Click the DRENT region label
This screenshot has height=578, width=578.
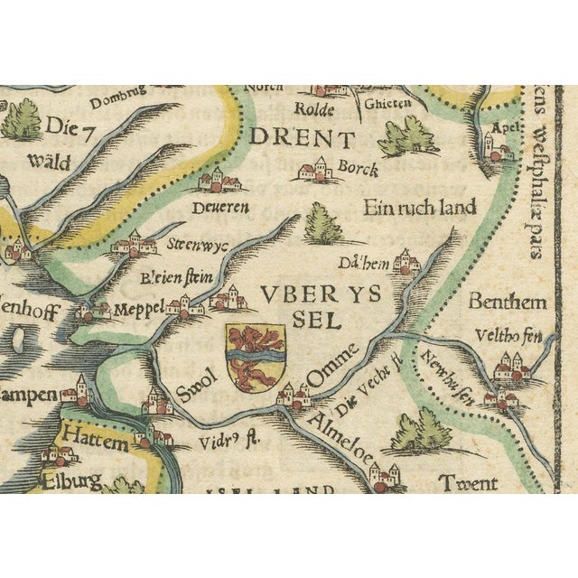point(302,138)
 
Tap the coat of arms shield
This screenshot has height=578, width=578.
point(255,358)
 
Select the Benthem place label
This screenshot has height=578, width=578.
point(507,302)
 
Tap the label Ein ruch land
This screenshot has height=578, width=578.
point(419,208)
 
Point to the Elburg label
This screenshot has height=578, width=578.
point(70,480)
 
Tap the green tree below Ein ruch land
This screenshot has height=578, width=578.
point(322,224)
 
